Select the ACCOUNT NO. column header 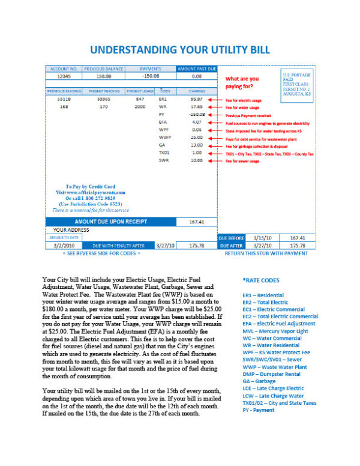(x=63, y=69)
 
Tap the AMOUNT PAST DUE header (x=196, y=69)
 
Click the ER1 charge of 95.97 (x=196, y=98)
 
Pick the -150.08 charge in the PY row (x=196, y=114)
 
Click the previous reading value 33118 (x=64, y=98)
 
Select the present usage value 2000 (x=140, y=106)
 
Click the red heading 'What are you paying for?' (x=242, y=82)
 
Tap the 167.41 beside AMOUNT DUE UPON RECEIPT (x=196, y=222)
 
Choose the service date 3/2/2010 (x=64, y=245)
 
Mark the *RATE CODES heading (x=262, y=280)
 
